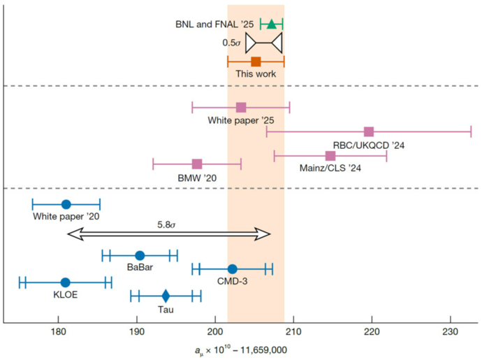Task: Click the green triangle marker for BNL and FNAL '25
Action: pos(271,24)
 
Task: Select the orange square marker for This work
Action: pos(256,62)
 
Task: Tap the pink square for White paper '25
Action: pos(241,107)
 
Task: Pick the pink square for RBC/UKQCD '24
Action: pos(369,131)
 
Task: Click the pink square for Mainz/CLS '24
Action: pos(330,155)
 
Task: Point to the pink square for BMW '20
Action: pos(197,164)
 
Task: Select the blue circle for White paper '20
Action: pos(66,204)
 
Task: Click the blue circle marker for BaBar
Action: pos(140,255)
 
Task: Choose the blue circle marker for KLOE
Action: pos(65,282)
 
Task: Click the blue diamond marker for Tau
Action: pos(166,296)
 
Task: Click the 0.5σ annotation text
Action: pos(233,43)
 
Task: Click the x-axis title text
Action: pos(241,349)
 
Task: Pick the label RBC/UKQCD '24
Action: pos(370,145)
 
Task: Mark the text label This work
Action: pos(256,73)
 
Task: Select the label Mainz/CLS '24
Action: pos(330,168)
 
